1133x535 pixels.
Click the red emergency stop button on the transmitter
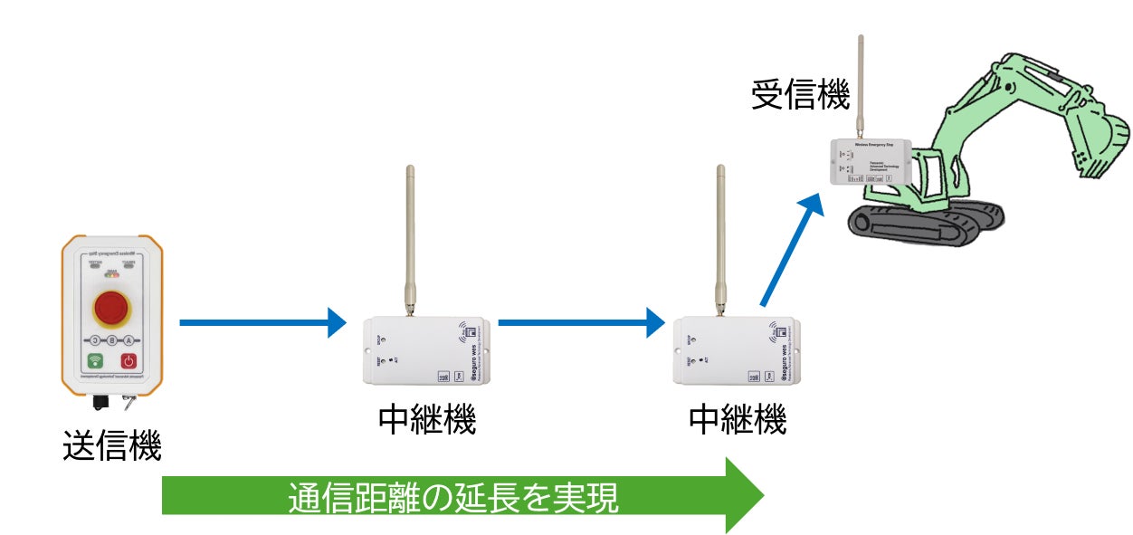(111, 309)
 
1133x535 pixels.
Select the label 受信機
(801, 95)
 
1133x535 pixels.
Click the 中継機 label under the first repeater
(426, 419)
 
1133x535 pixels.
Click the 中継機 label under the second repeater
(738, 419)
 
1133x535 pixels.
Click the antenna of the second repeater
(720, 237)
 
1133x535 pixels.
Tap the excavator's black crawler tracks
(923, 225)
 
